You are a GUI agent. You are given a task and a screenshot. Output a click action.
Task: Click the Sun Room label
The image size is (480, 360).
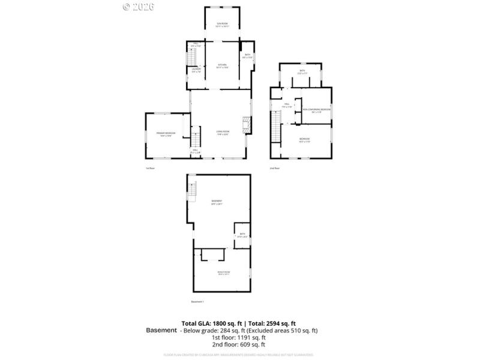tap(223, 25)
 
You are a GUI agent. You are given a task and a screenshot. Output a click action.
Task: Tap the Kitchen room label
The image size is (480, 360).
tap(223, 65)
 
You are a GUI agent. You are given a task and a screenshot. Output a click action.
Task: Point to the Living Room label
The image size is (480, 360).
tap(223, 133)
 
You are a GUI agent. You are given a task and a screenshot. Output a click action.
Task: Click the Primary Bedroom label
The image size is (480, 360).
tap(166, 134)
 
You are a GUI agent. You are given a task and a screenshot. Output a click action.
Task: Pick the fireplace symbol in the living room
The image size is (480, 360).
tap(245, 124)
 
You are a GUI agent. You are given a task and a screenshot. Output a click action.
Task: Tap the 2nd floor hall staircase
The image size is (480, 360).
tap(275, 127)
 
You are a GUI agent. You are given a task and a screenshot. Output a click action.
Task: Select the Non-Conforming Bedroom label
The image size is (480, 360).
tap(316, 110)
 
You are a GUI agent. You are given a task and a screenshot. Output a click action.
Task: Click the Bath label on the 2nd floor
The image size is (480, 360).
tap(302, 72)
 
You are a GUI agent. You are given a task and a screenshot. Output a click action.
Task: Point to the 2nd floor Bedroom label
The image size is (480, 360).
tap(304, 140)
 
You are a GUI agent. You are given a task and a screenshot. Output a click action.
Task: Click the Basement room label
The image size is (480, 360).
tap(217, 202)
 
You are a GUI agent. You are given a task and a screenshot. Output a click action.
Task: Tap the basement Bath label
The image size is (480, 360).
tap(242, 235)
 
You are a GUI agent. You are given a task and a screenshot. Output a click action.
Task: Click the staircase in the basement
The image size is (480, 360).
tap(192, 191)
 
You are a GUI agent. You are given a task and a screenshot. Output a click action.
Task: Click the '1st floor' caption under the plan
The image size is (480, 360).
tap(150, 168)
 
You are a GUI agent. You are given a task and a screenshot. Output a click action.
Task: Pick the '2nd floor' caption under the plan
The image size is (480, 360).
tap(274, 168)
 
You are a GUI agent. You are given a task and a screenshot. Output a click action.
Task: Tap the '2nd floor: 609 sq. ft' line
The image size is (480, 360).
tap(238, 345)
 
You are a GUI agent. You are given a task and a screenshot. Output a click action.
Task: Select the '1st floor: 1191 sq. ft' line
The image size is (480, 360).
tap(238, 338)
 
